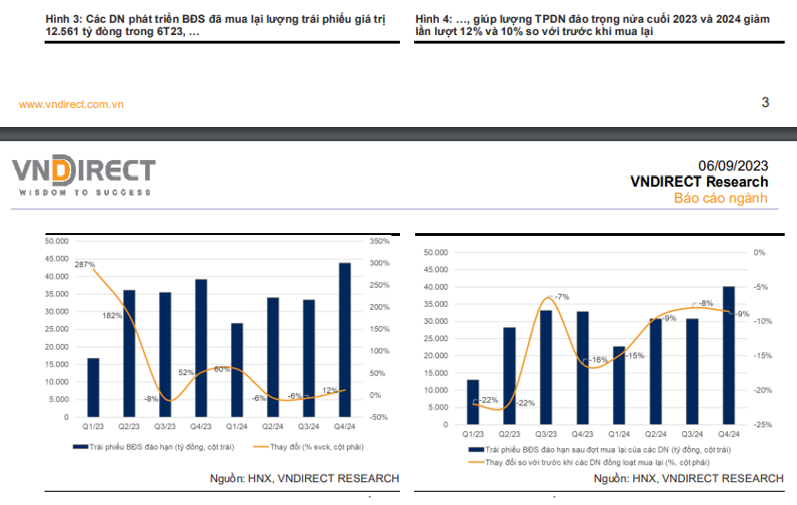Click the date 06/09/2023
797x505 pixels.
point(733,165)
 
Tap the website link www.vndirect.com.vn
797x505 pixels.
point(71,104)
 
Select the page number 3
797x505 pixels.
point(765,102)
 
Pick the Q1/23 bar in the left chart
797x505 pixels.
point(93,388)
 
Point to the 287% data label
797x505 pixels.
point(84,264)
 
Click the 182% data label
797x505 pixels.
point(112,316)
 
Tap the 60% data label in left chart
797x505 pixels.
point(223,369)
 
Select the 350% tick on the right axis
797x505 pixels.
point(378,242)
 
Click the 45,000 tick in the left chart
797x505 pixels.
point(57,259)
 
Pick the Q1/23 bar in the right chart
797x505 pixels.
point(473,402)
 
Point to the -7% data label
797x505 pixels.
point(562,297)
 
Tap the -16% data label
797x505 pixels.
point(597,360)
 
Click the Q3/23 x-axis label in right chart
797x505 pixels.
point(545,433)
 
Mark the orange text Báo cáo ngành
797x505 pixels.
point(720,198)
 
